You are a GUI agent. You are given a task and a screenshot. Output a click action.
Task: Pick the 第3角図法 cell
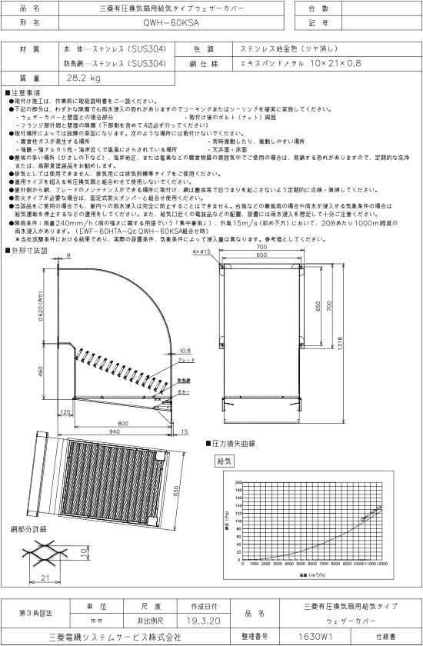click(35, 612)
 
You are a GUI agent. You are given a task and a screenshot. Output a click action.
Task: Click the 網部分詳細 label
click(28, 530)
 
